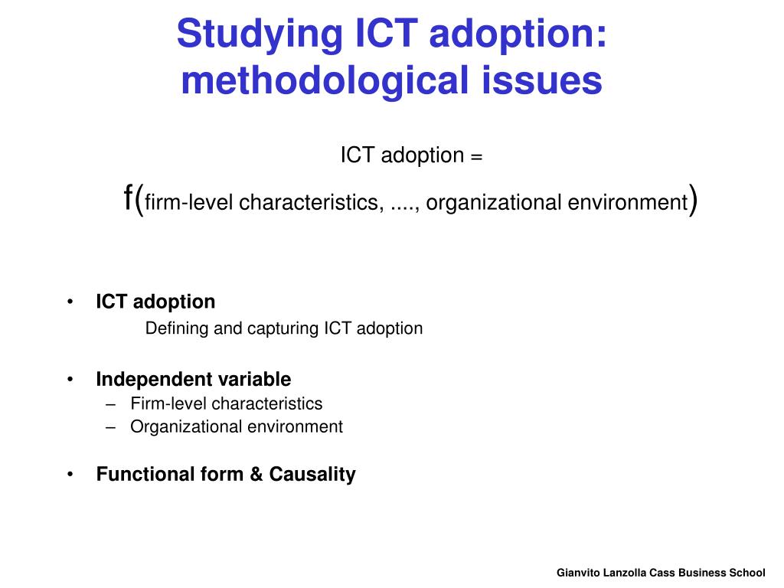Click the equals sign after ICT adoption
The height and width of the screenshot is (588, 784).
point(476,156)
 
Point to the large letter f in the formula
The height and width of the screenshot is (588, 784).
point(129,198)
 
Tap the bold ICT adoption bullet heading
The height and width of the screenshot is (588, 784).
point(155,302)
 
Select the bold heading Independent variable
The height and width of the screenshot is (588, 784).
point(193,379)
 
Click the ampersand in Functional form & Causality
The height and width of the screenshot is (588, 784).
point(256,475)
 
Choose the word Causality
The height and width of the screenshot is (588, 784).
point(312,475)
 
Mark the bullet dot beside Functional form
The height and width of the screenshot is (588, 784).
point(70,475)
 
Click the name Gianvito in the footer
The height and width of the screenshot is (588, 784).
point(578,573)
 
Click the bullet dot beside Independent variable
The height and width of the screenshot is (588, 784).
point(70,379)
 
